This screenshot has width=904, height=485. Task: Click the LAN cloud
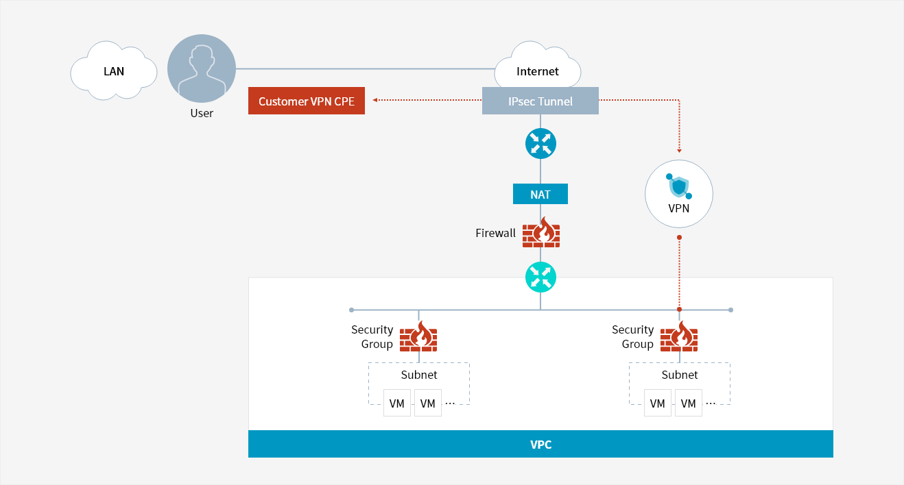[113, 71]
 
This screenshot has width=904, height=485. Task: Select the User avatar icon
[202, 69]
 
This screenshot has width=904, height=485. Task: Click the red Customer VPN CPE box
[306, 101]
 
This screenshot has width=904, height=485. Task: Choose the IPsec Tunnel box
[540, 101]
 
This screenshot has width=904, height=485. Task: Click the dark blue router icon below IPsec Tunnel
[540, 144]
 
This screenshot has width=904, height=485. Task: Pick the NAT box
[540, 194]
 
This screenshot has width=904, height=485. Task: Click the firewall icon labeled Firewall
[541, 233]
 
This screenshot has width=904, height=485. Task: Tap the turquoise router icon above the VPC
[540, 277]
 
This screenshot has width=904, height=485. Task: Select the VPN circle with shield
[679, 194]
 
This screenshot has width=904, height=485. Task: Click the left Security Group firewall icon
[418, 337]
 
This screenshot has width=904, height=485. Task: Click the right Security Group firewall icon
[679, 337]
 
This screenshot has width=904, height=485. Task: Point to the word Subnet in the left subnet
[419, 375]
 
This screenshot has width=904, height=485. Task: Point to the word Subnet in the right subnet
[680, 375]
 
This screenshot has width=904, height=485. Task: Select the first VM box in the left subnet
[397, 403]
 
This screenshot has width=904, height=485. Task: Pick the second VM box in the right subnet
[689, 403]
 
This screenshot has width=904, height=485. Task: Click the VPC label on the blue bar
[540, 444]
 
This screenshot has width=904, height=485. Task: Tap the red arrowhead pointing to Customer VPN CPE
[375, 100]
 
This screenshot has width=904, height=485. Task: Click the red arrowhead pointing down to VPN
[679, 150]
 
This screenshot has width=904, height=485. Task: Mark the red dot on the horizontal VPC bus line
[679, 310]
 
